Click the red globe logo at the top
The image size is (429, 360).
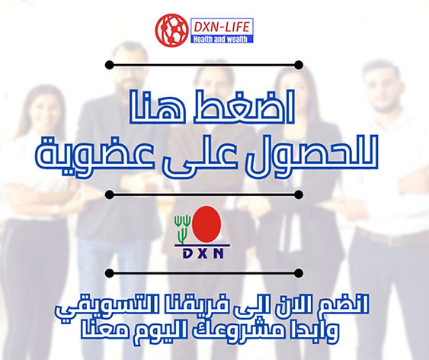coord(171,30)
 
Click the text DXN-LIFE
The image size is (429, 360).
coord(222,27)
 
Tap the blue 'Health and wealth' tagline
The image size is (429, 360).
coord(220,39)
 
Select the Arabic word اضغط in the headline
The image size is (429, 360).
coord(244,106)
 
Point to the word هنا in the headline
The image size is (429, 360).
coord(156,106)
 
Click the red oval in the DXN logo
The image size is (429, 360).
coord(206,224)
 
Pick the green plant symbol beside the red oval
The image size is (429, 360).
coord(182,229)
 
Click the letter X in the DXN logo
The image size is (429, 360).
coord(203,254)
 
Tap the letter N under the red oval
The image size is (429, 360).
coord(219,254)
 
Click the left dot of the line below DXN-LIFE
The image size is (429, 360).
coord(110,65)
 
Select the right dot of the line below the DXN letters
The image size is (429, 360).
coord(299,273)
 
